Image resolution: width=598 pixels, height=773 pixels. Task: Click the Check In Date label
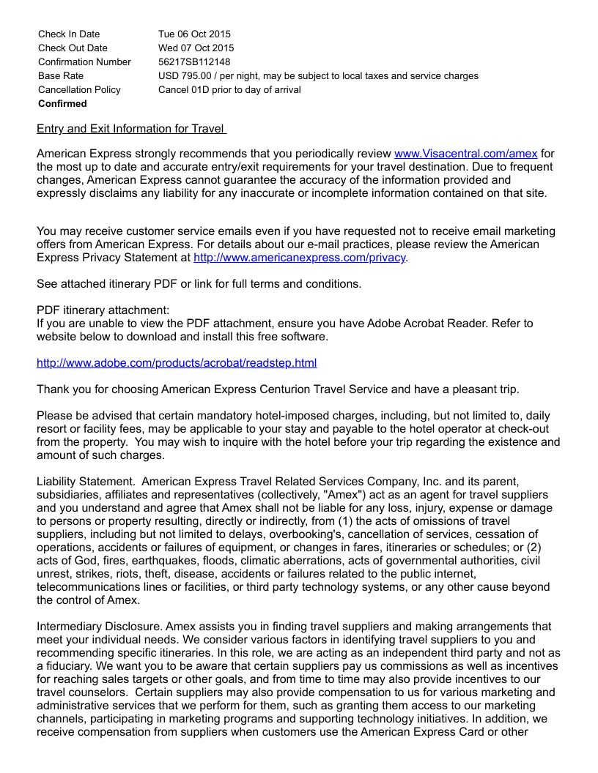pyautogui.click(x=69, y=34)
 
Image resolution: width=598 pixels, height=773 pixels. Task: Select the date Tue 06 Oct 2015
pyautogui.click(x=194, y=34)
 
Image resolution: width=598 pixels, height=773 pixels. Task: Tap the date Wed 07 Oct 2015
pyautogui.click(x=196, y=48)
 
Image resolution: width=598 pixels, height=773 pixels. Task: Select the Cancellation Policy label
pyautogui.click(x=79, y=89)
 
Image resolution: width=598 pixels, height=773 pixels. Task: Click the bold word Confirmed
pyautogui.click(x=62, y=103)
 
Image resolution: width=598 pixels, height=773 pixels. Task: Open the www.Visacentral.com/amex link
pyautogui.click(x=465, y=154)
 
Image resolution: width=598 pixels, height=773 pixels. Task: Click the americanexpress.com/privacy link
pyautogui.click(x=299, y=258)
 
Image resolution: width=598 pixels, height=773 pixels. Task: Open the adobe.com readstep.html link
pyautogui.click(x=177, y=363)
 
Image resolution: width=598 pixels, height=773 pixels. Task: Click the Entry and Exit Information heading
pyautogui.click(x=130, y=129)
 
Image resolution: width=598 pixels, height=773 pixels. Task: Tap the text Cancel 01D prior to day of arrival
pyautogui.click(x=229, y=89)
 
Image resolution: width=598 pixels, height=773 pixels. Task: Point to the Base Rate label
pyautogui.click(x=61, y=75)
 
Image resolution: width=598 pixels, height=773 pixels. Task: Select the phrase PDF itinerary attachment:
pyautogui.click(x=103, y=310)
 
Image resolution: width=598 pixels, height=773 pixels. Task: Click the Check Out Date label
pyautogui.click(x=73, y=48)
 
